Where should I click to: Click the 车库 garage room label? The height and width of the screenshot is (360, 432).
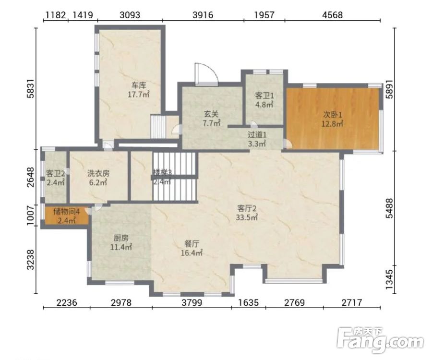point(139,85)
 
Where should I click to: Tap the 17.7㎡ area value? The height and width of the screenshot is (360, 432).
point(139,95)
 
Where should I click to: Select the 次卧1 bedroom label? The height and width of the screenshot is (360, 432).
point(333,114)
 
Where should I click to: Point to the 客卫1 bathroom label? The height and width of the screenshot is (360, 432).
point(264,96)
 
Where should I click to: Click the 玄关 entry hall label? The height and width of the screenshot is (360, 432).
point(211,114)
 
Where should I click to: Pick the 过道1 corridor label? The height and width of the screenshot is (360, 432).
point(257,135)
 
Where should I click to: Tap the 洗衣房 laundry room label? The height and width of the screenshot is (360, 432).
point(98,173)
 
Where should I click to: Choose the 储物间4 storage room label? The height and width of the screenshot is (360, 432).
point(67,212)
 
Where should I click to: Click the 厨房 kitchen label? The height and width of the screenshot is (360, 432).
point(121,238)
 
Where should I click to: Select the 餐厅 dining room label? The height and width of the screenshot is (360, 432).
point(192,244)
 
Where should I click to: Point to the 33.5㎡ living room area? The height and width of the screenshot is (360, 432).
point(247,217)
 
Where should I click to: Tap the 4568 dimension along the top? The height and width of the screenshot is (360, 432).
point(333,14)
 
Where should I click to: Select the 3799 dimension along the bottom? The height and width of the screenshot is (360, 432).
point(192,303)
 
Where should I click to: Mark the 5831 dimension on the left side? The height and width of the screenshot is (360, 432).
point(31,88)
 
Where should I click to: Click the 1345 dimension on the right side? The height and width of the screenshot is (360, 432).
point(389,279)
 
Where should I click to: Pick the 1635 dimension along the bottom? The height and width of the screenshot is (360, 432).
point(249,303)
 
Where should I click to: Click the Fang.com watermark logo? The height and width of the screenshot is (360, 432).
point(380,340)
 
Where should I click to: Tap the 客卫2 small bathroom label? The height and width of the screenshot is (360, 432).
point(56,174)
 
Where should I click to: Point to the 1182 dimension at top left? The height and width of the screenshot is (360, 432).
point(55,14)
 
